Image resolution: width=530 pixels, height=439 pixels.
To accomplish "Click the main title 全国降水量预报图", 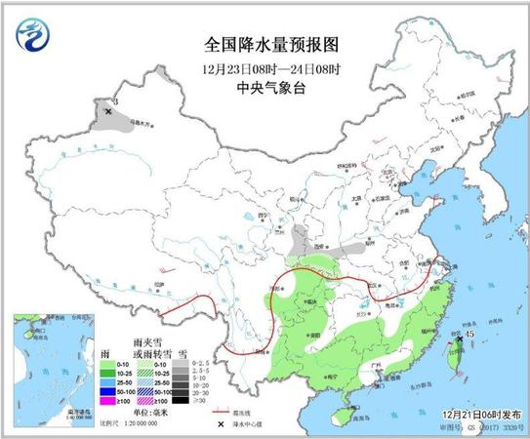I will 265,45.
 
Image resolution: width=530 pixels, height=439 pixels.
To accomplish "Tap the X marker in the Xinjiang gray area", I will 107,112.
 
